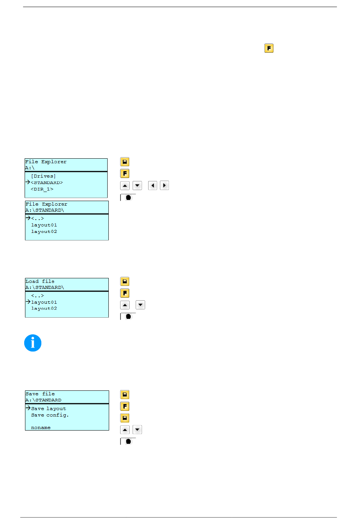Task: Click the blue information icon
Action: point(33,343)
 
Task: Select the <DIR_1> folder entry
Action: point(42,189)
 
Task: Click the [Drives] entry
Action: point(43,176)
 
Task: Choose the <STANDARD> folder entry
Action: point(47,183)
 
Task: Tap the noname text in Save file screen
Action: point(41,428)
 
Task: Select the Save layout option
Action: point(49,409)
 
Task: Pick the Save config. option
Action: point(50,415)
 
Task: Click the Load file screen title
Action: point(40,281)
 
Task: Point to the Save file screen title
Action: point(40,394)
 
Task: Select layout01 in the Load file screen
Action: point(44,302)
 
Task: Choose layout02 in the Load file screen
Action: point(44,309)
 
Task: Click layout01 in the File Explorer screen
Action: point(44,225)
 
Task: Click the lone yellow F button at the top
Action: point(269,48)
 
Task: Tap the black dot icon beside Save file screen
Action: point(128,442)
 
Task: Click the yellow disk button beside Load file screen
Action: point(125,281)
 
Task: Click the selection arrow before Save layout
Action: point(28,408)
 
